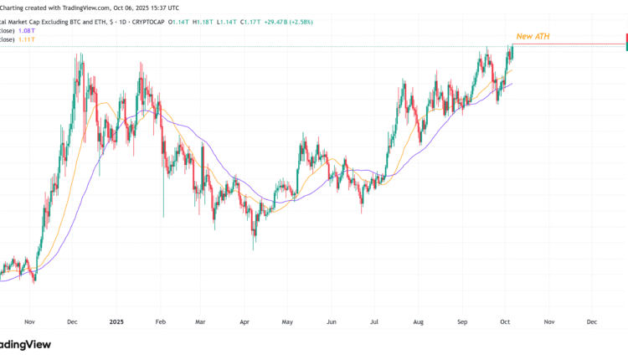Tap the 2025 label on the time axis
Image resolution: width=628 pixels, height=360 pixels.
tap(116, 321)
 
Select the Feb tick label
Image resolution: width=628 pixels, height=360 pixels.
tap(160, 321)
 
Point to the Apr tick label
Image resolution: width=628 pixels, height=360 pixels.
tap(244, 321)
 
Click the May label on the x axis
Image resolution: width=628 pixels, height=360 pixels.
tap(287, 321)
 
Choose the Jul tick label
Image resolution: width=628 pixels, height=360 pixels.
tap(374, 321)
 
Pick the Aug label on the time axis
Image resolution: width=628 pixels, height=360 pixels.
tap(418, 321)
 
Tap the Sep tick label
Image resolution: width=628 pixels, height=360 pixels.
tap(462, 321)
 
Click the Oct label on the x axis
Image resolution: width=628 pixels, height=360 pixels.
tap(505, 321)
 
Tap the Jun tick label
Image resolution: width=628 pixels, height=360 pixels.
tap(331, 321)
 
